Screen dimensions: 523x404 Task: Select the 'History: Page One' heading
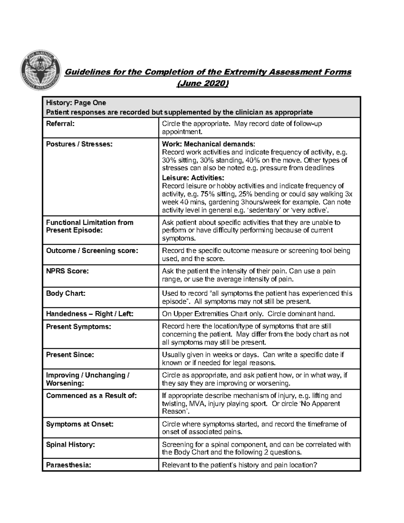click(x=76, y=103)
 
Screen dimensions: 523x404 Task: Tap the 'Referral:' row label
click(x=60, y=124)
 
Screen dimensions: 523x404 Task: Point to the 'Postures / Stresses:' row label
click(x=79, y=144)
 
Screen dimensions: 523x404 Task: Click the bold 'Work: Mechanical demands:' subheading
click(x=208, y=144)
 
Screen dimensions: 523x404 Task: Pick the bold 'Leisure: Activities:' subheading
click(x=193, y=177)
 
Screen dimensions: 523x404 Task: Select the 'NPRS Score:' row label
click(x=67, y=271)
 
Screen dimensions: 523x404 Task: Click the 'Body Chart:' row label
click(x=66, y=293)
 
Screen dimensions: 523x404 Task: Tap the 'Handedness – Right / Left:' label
click(x=90, y=314)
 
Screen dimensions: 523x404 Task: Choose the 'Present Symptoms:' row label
click(x=78, y=326)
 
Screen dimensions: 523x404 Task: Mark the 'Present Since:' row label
click(x=70, y=355)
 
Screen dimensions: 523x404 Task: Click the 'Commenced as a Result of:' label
click(x=91, y=396)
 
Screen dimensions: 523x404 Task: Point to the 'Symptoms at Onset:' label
click(x=80, y=424)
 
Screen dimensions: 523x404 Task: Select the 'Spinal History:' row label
click(x=70, y=445)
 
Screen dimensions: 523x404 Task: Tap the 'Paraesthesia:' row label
click(x=69, y=465)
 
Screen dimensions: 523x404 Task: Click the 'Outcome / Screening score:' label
click(x=92, y=251)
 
